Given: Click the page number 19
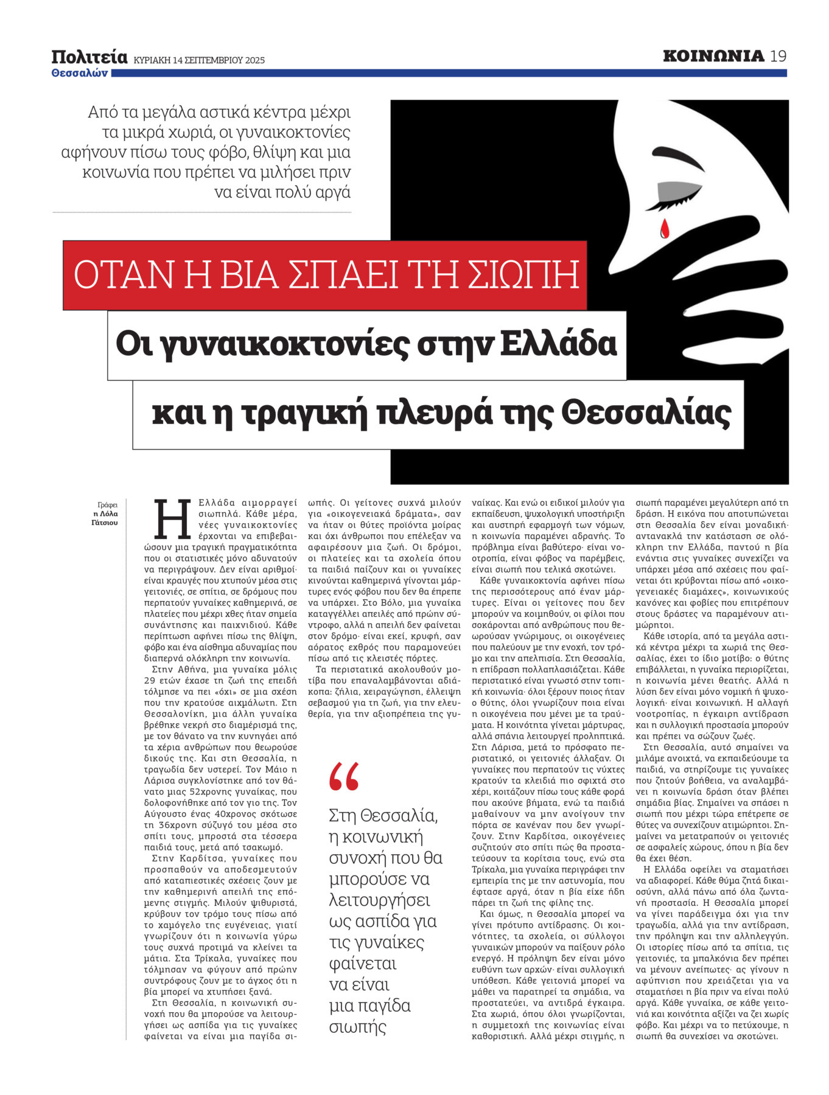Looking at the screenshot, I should (778, 57).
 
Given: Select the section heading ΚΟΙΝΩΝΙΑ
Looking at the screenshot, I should (713, 57).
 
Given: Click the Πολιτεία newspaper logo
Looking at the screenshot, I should (89, 57).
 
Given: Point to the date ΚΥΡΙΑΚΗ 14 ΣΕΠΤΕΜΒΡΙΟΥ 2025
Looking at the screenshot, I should (199, 60).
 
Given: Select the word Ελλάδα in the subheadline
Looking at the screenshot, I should (558, 344).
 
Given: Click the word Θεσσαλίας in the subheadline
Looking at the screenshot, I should (645, 414).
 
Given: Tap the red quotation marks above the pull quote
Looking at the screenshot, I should (344, 777).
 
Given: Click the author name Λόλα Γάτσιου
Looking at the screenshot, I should (105, 518).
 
